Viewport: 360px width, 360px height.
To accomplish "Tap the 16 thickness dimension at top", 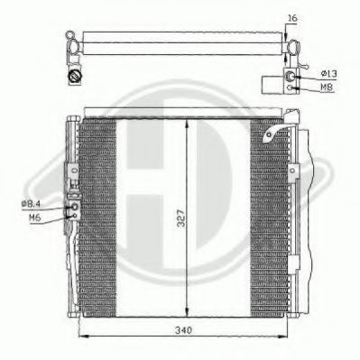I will point(291,16).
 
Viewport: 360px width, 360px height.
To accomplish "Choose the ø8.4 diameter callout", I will point(32,204).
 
